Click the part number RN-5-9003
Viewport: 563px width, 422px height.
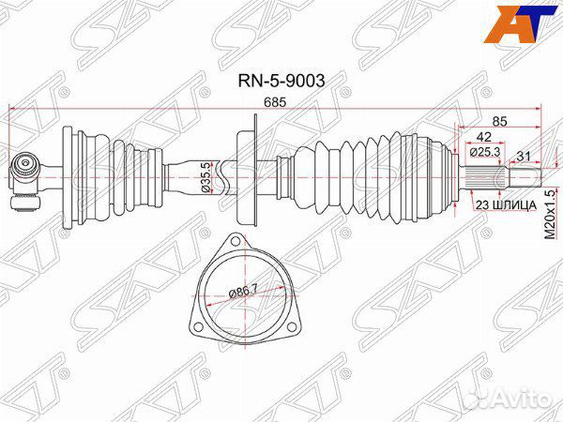tap(281, 81)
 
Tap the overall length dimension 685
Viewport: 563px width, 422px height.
tap(275, 102)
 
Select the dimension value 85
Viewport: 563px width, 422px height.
tap(499, 121)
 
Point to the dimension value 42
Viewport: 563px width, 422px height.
tap(483, 137)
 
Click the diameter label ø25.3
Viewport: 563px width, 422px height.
tap(485, 152)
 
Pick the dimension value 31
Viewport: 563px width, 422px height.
tap(524, 157)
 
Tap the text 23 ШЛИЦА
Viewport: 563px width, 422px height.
tap(506, 205)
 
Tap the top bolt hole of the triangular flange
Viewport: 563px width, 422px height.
tap(235, 241)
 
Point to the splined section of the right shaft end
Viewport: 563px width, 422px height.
tap(482, 176)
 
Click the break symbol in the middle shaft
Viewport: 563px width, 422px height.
tap(221, 177)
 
